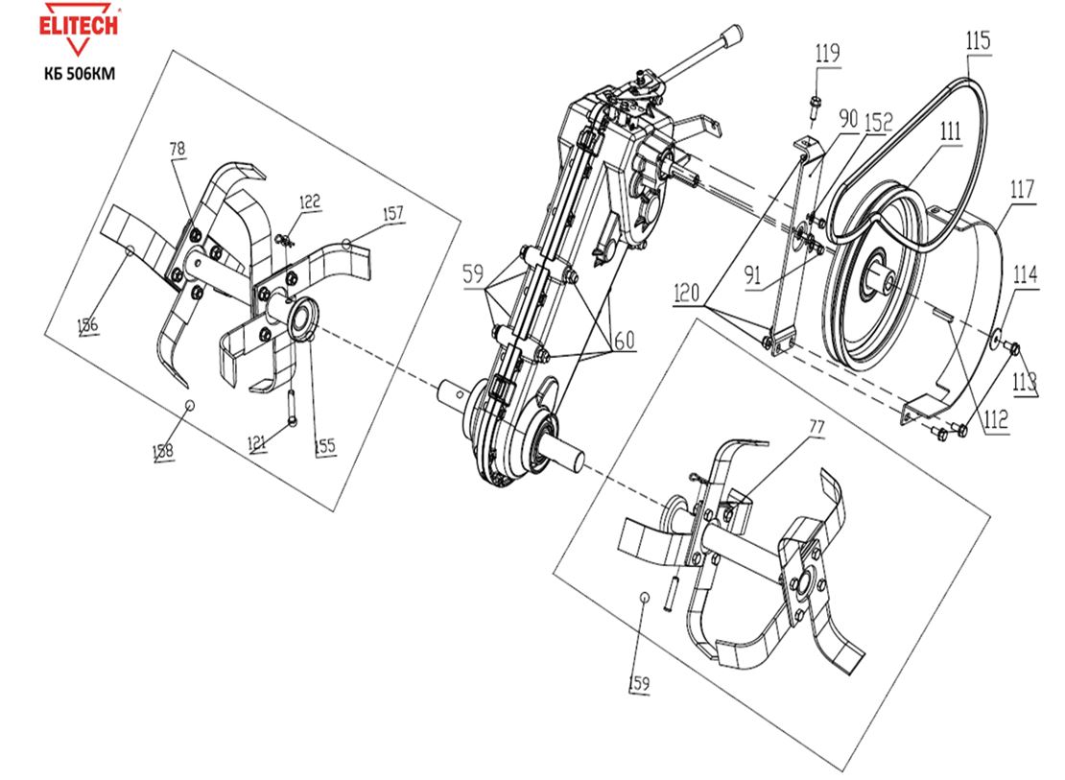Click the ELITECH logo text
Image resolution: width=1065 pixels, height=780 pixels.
point(79,23)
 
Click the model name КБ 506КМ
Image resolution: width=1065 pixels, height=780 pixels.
point(79,75)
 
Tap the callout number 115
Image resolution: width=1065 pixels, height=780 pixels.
point(979,41)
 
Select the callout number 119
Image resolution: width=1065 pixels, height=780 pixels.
point(827,54)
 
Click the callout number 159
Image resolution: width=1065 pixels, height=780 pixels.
point(640,683)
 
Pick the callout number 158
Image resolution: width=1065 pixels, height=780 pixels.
point(164,450)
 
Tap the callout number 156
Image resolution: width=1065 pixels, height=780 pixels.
point(88,326)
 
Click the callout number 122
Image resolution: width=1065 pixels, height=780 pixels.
point(309,201)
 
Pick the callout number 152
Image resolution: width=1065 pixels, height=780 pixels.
point(879,123)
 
